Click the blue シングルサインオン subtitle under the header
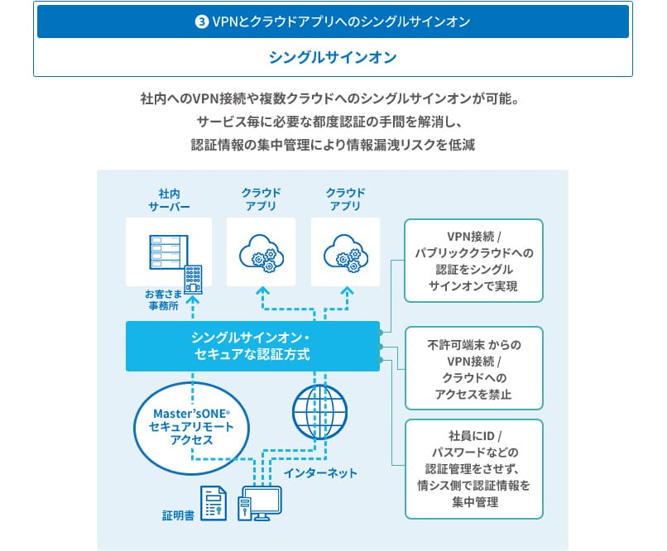pos(333,58)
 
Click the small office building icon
pos(194,279)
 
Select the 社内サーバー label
pos(169,199)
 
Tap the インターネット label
pos(320,473)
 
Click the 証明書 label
pos(178,515)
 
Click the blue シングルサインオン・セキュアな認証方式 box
pos(252,346)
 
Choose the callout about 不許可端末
pos(473,368)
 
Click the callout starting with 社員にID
pos(473,468)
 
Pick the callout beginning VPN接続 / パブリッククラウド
pos(473,260)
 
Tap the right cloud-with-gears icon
pos(345,251)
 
